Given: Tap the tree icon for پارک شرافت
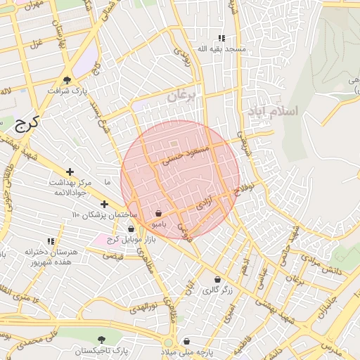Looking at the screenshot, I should tap(67, 80).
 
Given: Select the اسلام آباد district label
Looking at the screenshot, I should tap(272, 111).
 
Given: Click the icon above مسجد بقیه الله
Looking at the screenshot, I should tap(221, 39).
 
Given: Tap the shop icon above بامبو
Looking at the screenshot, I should tap(159, 214).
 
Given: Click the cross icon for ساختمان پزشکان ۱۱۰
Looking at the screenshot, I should tap(104, 204).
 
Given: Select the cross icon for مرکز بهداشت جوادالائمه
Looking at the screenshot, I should tap(70, 172).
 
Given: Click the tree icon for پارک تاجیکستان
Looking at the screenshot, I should tap(103, 340).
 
